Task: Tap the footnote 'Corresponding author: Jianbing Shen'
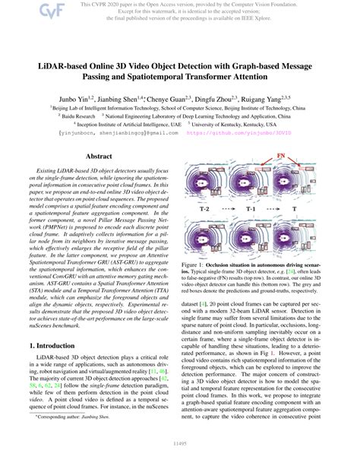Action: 76,438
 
